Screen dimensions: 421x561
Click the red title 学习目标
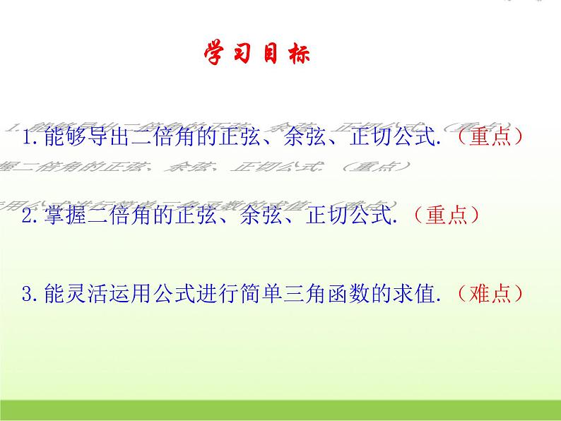[256, 54]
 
